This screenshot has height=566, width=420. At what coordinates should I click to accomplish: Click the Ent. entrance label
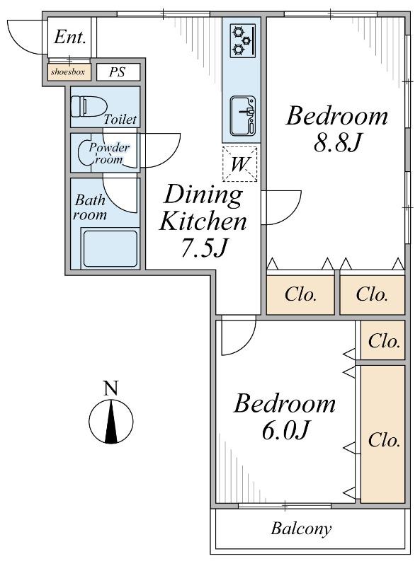click(x=70, y=37)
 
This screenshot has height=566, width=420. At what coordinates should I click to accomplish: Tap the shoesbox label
click(x=67, y=71)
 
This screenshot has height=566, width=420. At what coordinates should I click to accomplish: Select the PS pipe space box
click(x=118, y=72)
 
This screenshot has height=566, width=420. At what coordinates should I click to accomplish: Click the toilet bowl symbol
click(x=89, y=107)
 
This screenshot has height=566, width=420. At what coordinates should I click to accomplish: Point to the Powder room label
click(x=109, y=153)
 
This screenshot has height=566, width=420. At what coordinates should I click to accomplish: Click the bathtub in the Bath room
click(x=110, y=249)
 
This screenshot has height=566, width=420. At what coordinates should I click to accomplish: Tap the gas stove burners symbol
click(x=242, y=40)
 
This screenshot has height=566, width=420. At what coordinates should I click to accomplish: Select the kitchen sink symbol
click(x=242, y=115)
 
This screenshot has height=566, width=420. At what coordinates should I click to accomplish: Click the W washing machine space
click(x=239, y=164)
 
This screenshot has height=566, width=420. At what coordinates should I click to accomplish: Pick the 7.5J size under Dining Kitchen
click(x=204, y=248)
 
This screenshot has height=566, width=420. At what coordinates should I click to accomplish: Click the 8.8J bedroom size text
click(x=337, y=143)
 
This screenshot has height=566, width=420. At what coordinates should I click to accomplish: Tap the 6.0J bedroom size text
click(x=285, y=431)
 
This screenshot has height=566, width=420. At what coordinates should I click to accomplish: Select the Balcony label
click(x=301, y=529)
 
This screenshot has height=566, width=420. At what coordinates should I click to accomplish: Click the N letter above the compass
click(x=111, y=388)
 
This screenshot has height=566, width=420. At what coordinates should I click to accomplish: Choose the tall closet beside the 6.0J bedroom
click(x=382, y=434)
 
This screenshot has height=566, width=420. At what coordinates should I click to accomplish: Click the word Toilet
click(x=120, y=119)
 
